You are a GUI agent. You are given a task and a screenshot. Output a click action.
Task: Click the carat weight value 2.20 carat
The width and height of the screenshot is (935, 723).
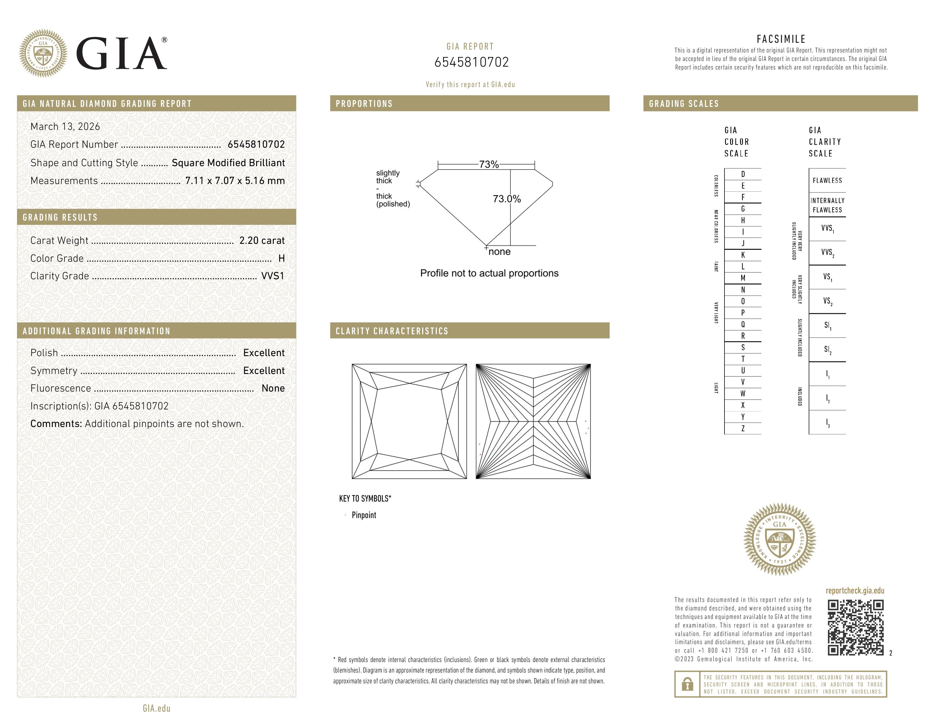(x=262, y=240)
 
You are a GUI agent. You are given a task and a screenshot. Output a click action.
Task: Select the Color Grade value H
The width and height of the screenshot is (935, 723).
(x=281, y=258)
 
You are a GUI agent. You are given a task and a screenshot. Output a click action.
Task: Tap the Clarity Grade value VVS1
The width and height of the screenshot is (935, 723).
(x=273, y=276)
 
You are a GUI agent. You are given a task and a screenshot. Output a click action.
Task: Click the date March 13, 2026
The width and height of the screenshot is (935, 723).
(x=65, y=127)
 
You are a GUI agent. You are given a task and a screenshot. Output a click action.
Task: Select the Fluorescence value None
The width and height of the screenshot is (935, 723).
(x=273, y=388)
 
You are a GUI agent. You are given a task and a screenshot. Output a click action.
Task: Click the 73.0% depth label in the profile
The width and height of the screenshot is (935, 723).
(x=507, y=199)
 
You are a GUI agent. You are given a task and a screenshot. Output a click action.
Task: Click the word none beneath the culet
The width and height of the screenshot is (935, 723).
(x=499, y=252)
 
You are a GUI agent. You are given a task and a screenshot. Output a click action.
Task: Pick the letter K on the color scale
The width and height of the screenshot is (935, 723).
(x=743, y=255)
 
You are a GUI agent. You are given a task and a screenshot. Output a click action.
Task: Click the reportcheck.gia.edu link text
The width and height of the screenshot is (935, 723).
(x=855, y=591)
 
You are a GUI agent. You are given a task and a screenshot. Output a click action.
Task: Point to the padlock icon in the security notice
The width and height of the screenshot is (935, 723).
(x=687, y=684)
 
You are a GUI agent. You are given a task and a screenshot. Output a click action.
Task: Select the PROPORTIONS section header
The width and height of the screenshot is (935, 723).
(x=364, y=104)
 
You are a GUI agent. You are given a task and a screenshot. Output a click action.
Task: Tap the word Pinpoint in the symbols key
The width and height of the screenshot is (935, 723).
(x=364, y=515)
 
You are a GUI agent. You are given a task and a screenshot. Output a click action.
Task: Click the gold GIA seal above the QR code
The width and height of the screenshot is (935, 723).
(x=780, y=539)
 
